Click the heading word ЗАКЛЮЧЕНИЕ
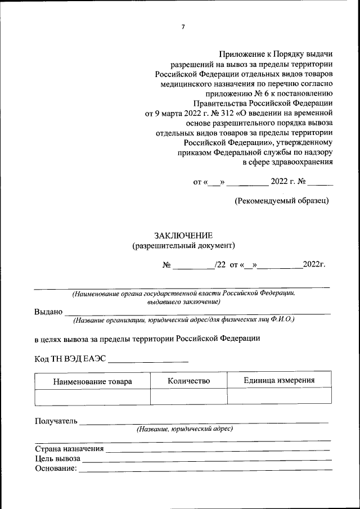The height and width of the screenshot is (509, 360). (x=183, y=235)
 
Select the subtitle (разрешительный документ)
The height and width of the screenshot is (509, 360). (x=183, y=245)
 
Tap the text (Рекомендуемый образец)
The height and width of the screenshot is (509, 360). (x=281, y=200)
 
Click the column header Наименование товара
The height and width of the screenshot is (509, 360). (x=92, y=381)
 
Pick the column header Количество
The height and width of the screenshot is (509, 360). (x=188, y=381)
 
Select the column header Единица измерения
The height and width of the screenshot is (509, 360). (x=279, y=380)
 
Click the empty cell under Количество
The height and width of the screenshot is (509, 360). (x=188, y=397)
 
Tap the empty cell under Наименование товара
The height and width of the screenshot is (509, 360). (x=92, y=397)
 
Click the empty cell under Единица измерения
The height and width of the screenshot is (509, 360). (x=279, y=397)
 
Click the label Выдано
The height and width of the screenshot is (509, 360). (x=48, y=312)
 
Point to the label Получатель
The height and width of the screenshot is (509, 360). (x=56, y=421)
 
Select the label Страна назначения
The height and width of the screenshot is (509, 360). (x=69, y=449)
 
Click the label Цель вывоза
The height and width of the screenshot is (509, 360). (x=57, y=459)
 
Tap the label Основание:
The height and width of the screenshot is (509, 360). (x=56, y=469)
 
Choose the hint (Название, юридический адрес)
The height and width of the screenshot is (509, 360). (x=184, y=429)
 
